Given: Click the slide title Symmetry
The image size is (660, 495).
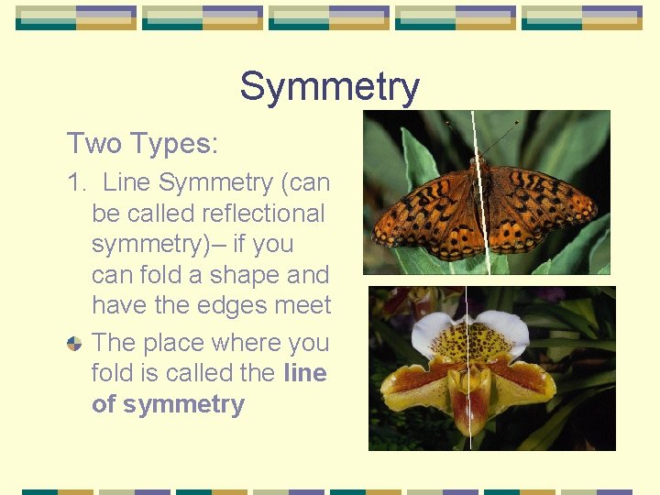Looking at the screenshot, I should pyautogui.click(x=329, y=87).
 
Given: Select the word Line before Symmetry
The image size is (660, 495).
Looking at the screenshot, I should pyautogui.click(x=126, y=182).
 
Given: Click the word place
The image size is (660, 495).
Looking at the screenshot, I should pyautogui.click(x=174, y=342).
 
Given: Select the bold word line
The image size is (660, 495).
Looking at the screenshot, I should pyautogui.click(x=305, y=373).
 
